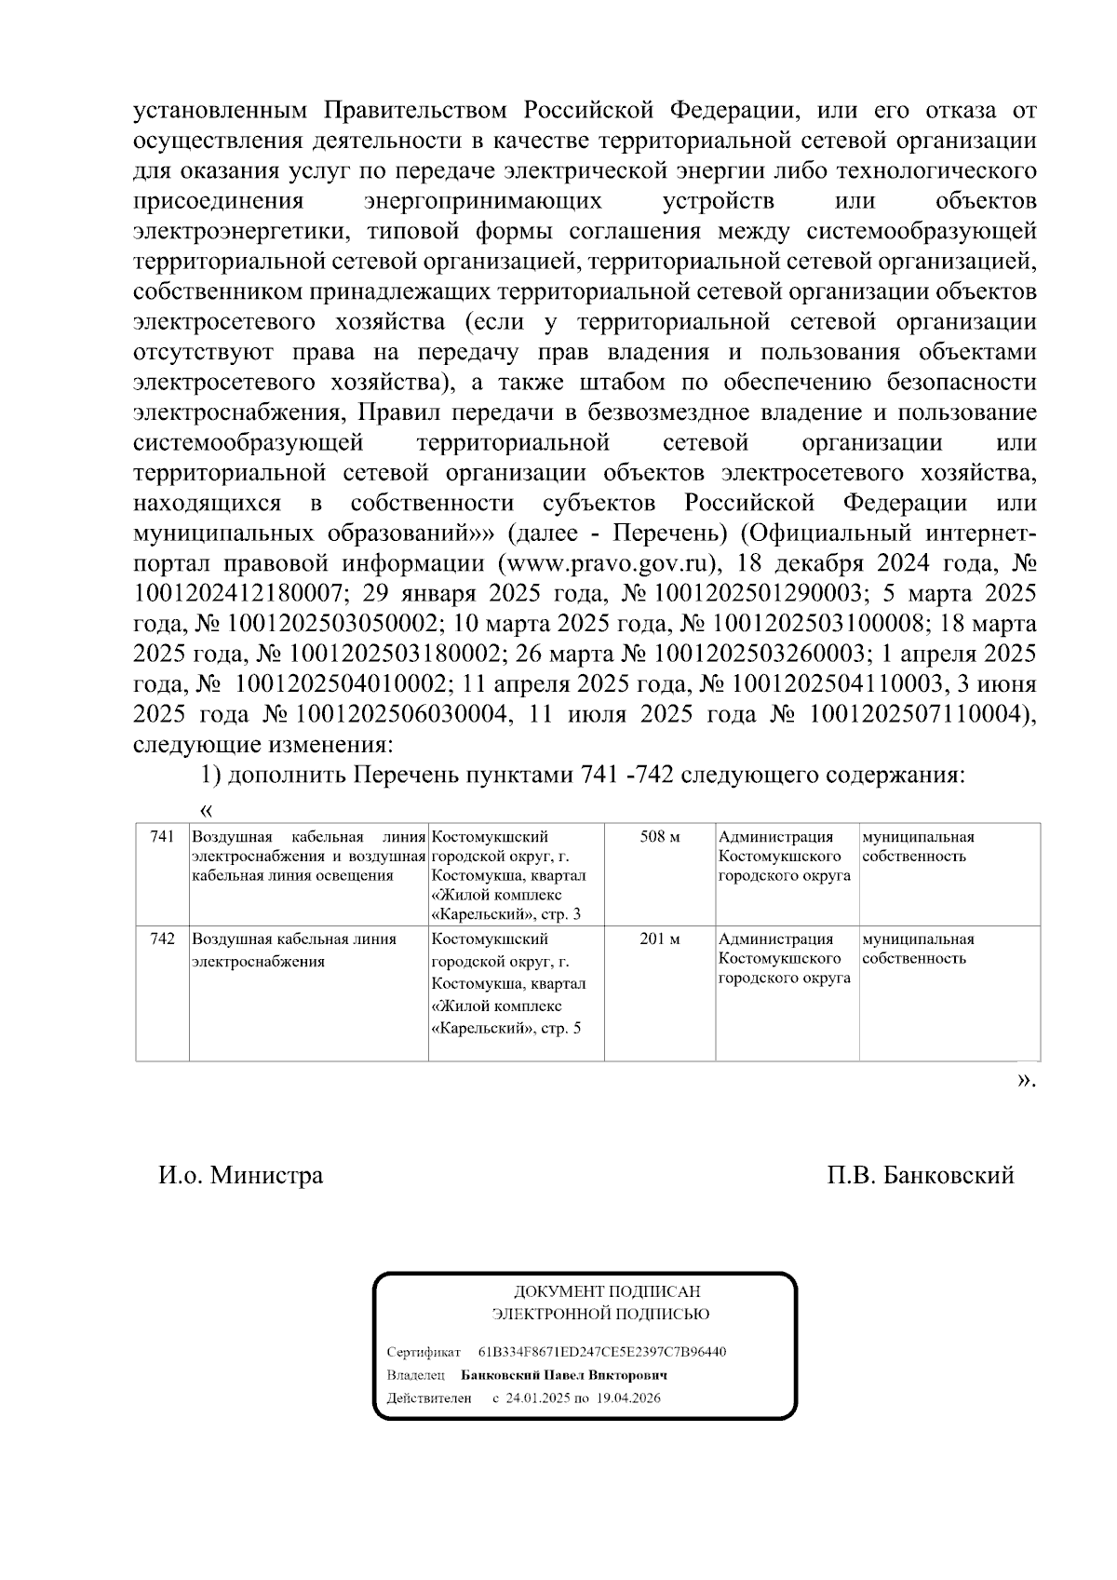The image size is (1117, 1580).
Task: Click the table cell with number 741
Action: pos(162,837)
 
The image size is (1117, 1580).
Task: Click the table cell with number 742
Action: pos(162,939)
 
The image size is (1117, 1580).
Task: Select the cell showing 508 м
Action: pos(659,837)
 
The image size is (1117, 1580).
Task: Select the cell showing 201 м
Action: pos(659,939)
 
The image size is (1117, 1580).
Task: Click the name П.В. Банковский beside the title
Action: pos(920,1175)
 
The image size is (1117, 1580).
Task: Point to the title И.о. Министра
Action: pos(241,1175)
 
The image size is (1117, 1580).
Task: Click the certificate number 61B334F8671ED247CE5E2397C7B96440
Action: pos(602,1351)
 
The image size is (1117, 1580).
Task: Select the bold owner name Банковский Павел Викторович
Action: pos(564,1375)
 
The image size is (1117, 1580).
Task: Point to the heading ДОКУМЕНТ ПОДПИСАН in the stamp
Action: pos(607,1291)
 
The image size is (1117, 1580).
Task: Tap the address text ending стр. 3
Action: pos(509,875)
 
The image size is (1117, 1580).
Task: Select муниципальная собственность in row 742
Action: pos(918,949)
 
